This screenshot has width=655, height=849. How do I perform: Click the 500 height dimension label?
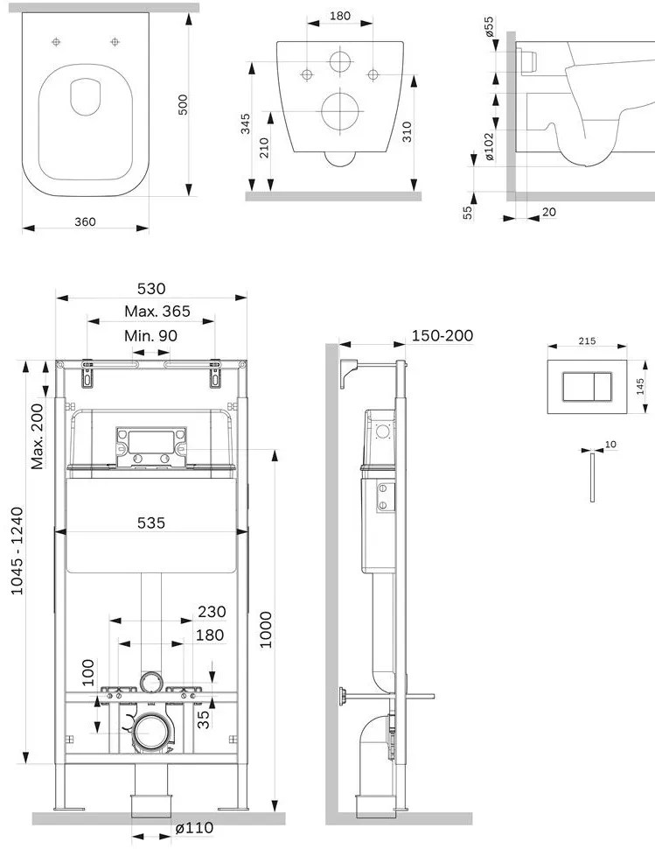tap(184, 104)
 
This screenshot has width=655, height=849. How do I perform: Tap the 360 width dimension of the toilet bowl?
tap(85, 221)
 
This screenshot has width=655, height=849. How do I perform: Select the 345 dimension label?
tap(246, 123)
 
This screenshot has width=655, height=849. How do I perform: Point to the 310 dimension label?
tap(407, 131)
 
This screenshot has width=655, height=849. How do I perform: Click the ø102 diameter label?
tap(489, 147)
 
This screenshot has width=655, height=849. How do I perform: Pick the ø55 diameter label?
tap(489, 26)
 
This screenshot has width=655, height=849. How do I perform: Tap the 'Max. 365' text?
tap(157, 312)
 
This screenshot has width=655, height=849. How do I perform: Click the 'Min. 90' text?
tap(150, 336)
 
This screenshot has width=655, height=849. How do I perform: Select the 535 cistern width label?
tap(151, 523)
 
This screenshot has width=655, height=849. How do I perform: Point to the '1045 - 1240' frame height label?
tap(17, 551)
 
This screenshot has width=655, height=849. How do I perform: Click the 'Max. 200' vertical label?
tap(37, 437)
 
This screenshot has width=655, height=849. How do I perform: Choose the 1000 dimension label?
tap(266, 629)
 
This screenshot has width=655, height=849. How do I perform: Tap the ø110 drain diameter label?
tap(195, 828)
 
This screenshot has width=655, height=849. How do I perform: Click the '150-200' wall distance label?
tap(442, 336)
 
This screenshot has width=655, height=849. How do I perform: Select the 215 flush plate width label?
tap(587, 341)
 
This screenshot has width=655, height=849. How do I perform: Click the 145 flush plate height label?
tap(640, 387)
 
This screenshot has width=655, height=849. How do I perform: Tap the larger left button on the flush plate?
tap(579, 387)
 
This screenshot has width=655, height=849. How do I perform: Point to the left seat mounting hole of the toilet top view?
tap(56, 42)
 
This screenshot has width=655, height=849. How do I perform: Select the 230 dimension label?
tap(212, 612)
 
